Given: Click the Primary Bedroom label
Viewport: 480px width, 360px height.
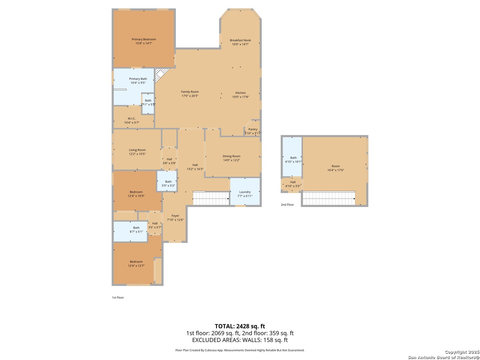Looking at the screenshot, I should pyautogui.click(x=144, y=39).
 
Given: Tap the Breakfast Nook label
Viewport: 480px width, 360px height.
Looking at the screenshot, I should pyautogui.click(x=240, y=40).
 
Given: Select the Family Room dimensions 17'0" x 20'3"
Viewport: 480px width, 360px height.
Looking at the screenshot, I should pyautogui.click(x=190, y=96).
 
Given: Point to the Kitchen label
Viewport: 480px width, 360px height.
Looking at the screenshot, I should pyautogui.click(x=241, y=93).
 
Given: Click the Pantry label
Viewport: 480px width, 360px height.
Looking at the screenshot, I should pyautogui.click(x=253, y=129).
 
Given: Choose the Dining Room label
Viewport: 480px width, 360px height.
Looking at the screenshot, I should pyautogui.click(x=231, y=156).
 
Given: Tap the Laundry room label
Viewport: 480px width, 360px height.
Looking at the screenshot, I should pyautogui.click(x=245, y=192).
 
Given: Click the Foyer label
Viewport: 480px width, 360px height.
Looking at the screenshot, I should pyautogui.click(x=175, y=216).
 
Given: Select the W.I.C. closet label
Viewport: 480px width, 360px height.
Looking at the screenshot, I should pyautogui.click(x=132, y=119).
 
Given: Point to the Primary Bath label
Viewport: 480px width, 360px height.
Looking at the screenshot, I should pyautogui.click(x=138, y=79).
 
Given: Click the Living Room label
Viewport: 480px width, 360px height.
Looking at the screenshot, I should pyautogui.click(x=137, y=150).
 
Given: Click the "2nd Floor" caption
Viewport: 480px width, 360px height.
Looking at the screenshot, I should pyautogui.click(x=287, y=205).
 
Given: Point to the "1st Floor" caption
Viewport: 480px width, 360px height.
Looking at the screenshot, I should pyautogui.click(x=118, y=298).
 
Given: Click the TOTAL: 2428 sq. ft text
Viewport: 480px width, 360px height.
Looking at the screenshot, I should pyautogui.click(x=240, y=326).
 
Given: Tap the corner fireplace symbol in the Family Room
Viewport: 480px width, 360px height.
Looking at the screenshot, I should pyautogui.click(x=161, y=74).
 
